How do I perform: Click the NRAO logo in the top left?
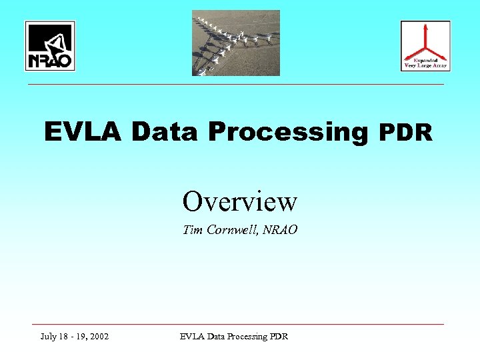[50, 46]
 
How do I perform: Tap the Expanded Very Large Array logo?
[425, 46]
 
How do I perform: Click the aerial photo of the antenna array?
[236, 43]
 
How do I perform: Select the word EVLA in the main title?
[83, 132]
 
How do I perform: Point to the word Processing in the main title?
[288, 133]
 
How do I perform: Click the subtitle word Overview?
[240, 200]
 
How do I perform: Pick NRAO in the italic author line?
[280, 230]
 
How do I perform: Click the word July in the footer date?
[49, 337]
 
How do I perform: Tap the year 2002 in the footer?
[98, 337]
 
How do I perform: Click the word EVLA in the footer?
[193, 337]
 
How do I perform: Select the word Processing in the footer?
[247, 337]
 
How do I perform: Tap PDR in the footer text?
[279, 337]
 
